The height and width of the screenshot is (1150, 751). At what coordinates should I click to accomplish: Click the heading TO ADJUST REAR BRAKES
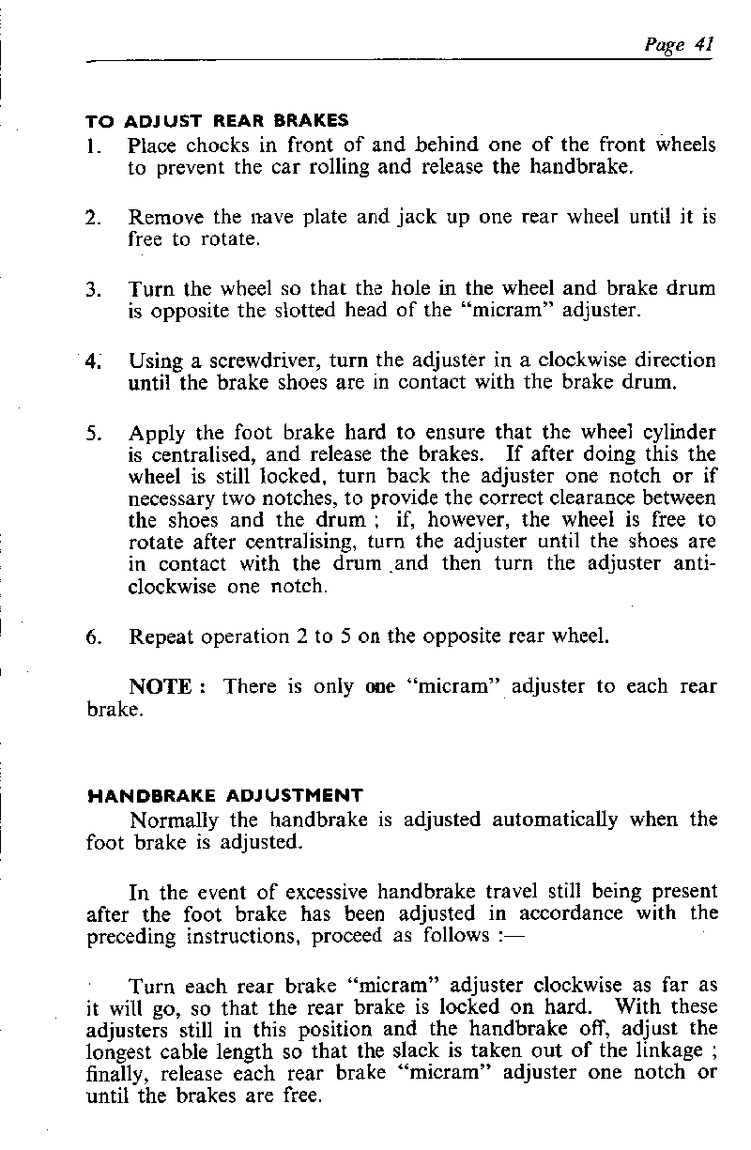(x=217, y=121)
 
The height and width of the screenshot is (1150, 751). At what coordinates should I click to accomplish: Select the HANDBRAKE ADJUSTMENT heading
(x=224, y=796)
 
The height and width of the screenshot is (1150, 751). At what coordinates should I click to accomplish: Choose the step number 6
(x=92, y=637)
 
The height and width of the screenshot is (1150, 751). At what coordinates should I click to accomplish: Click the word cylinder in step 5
(x=674, y=434)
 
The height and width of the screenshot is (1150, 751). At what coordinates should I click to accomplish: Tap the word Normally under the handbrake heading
(x=171, y=820)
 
